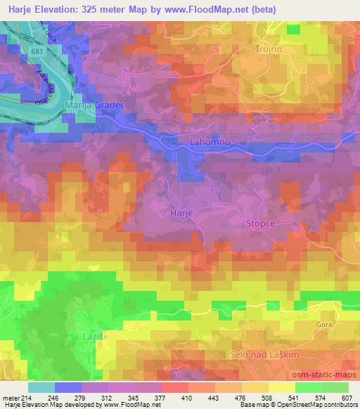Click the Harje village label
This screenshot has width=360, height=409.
[x=181, y=211]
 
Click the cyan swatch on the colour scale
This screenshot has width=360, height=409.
[x=41, y=387]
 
